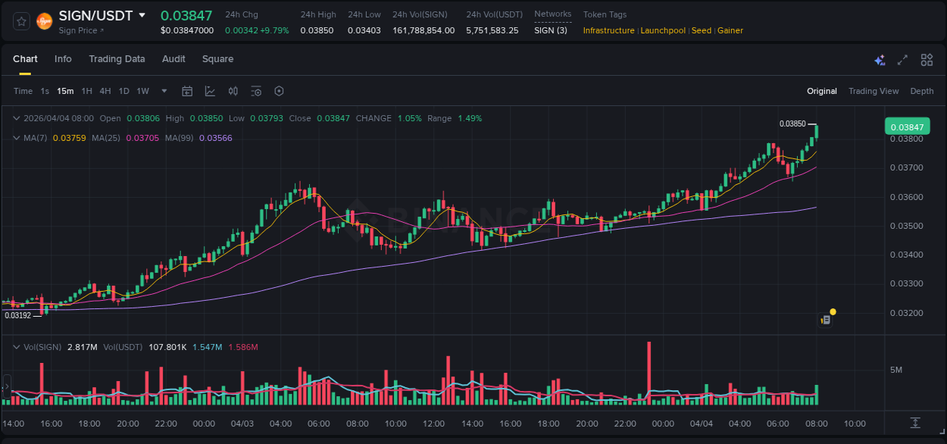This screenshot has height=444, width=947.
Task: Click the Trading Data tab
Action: tap(117, 59)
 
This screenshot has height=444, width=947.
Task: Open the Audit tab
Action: tap(173, 59)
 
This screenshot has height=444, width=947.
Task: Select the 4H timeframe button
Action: tap(105, 91)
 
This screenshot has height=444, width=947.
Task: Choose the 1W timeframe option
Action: tap(142, 91)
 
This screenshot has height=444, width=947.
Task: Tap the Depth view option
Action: tap(921, 91)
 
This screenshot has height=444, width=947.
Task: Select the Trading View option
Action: tap(873, 91)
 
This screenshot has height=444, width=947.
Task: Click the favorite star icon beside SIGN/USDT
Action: tap(21, 21)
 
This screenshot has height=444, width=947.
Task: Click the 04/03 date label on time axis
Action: tap(242, 424)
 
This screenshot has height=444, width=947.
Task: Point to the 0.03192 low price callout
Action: tap(17, 315)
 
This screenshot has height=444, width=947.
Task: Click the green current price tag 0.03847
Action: tap(907, 127)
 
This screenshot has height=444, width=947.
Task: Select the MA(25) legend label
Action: tap(106, 138)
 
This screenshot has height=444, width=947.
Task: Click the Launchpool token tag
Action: tap(663, 30)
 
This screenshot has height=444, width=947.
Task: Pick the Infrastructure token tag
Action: tap(608, 30)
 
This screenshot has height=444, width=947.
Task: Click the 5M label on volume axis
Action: tap(895, 370)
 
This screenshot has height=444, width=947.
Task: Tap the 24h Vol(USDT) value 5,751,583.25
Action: tap(492, 30)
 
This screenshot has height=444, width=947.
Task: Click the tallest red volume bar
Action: tap(649, 374)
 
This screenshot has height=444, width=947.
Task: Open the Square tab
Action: tap(217, 59)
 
